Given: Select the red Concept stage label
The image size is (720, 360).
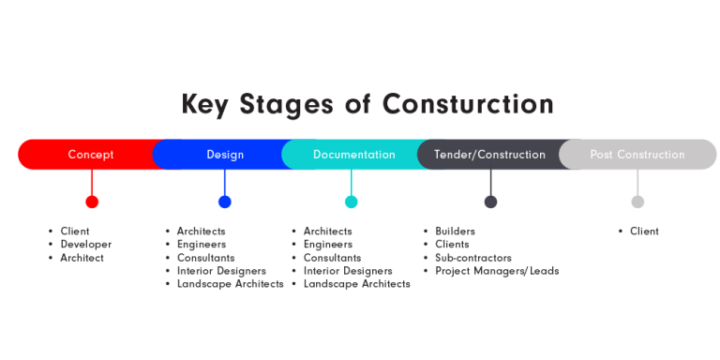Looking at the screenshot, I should [91, 155].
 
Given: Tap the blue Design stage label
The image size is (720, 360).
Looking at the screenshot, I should [225, 155].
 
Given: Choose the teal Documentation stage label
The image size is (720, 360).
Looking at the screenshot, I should [353, 155].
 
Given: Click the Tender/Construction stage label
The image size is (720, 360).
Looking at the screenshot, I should [489, 155].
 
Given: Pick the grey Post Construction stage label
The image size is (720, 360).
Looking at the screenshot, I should [637, 155].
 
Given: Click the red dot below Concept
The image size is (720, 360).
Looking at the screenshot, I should [92, 202].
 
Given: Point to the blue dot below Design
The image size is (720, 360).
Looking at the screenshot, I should [225, 202].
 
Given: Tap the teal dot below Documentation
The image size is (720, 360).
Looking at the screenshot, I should [352, 202].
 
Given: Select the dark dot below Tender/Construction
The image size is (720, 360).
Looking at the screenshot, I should [490, 202].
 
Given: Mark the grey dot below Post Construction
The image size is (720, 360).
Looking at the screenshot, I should [637, 202].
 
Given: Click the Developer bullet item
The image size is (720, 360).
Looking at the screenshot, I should [86, 245].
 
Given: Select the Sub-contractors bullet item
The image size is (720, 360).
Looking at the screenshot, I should [472, 258].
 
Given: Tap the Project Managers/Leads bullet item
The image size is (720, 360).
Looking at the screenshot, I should [496, 271].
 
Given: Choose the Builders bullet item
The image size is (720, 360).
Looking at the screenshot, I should [455, 232].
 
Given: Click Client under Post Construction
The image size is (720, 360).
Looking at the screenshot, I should [644, 232].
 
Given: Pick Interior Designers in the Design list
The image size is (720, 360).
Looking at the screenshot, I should [221, 271].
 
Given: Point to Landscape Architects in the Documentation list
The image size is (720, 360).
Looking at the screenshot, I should [356, 284].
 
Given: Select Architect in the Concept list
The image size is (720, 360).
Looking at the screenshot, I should [82, 258].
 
